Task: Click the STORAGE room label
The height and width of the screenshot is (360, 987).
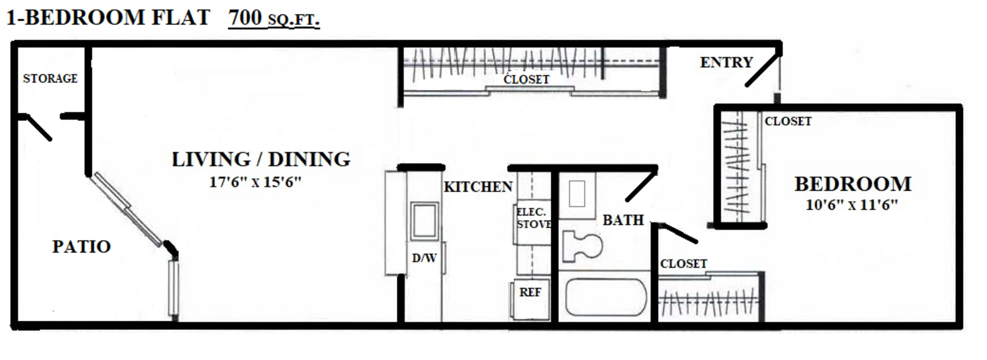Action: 50,79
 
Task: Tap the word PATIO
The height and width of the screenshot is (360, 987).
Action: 82,246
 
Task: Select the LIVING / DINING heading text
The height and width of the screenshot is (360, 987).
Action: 261,159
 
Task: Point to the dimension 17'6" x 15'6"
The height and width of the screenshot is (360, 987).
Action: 255,182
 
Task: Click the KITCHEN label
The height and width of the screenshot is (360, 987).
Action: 478,187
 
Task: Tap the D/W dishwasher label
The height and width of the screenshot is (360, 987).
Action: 424,258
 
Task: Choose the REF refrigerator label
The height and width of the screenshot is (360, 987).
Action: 530,292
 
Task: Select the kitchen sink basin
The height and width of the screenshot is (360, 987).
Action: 425,222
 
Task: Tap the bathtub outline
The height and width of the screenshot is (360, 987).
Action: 605,298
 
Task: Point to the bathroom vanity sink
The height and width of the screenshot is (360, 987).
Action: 577,194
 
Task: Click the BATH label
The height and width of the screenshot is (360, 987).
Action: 623,221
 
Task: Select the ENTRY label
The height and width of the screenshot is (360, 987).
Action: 726,62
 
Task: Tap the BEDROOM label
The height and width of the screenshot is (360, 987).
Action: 853,184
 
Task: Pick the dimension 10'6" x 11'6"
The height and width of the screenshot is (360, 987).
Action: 852,205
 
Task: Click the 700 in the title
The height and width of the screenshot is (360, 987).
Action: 245,18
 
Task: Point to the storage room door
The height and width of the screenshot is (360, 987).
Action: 38,127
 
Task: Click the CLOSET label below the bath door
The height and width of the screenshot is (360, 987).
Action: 683,264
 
